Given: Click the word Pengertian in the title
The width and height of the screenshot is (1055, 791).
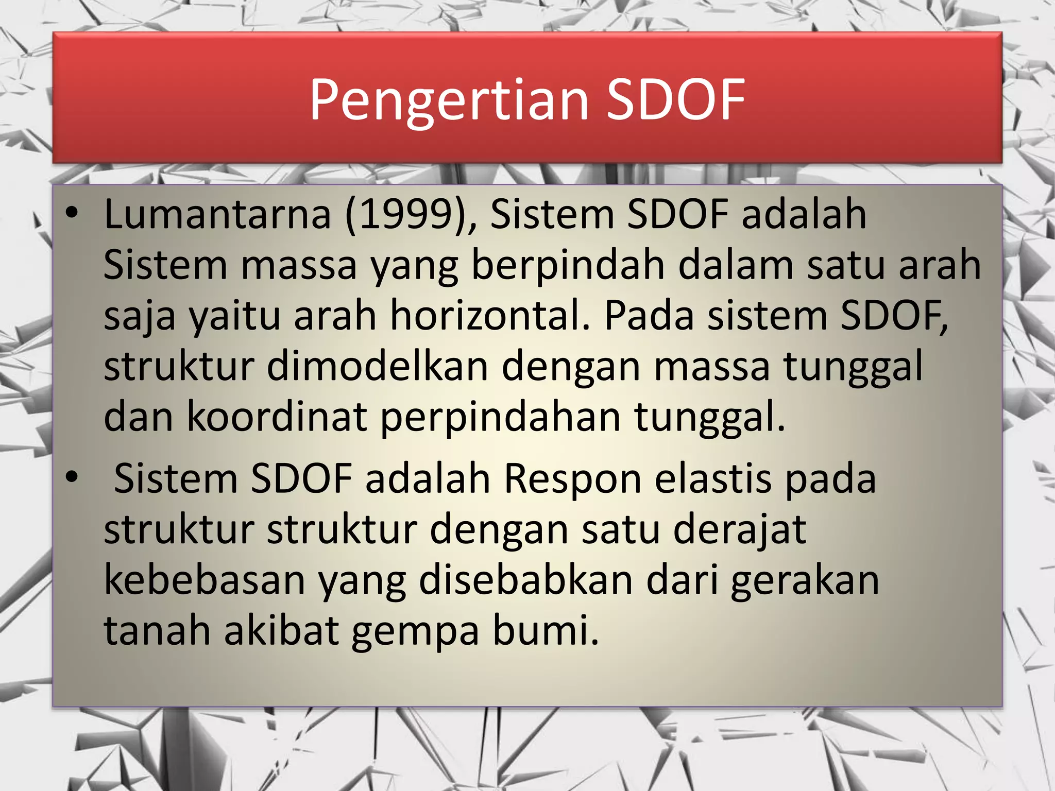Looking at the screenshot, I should pyautogui.click(x=448, y=100).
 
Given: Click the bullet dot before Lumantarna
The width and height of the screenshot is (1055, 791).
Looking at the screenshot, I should pyautogui.click(x=72, y=212).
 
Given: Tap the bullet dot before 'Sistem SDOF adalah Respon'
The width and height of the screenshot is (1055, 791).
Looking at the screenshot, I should pyautogui.click(x=72, y=476).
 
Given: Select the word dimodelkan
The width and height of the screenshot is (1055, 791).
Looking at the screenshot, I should pyautogui.click(x=377, y=366).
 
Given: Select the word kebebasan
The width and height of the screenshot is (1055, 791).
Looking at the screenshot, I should pyautogui.click(x=205, y=580).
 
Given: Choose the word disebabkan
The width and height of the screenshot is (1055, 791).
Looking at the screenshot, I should pyautogui.click(x=526, y=580).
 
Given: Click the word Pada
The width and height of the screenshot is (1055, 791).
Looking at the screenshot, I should pyautogui.click(x=649, y=315).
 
